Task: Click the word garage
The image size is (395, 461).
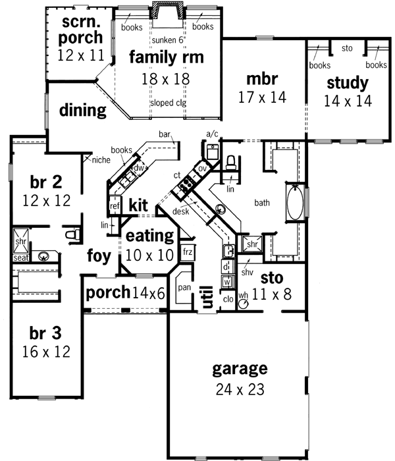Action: (x=240, y=368)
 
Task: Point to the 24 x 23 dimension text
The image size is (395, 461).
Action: (x=240, y=389)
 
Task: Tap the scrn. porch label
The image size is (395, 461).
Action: (x=82, y=29)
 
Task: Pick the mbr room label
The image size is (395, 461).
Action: (x=262, y=79)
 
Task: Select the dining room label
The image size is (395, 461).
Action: (x=83, y=110)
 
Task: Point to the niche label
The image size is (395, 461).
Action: (x=101, y=159)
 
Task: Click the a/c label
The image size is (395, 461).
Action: (x=212, y=134)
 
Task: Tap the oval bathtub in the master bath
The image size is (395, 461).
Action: (x=295, y=205)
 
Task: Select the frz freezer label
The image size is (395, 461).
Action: (x=188, y=252)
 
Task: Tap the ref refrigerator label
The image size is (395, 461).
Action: (x=115, y=206)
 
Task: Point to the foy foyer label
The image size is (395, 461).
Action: (x=99, y=254)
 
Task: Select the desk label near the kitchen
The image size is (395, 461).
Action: (x=182, y=211)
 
